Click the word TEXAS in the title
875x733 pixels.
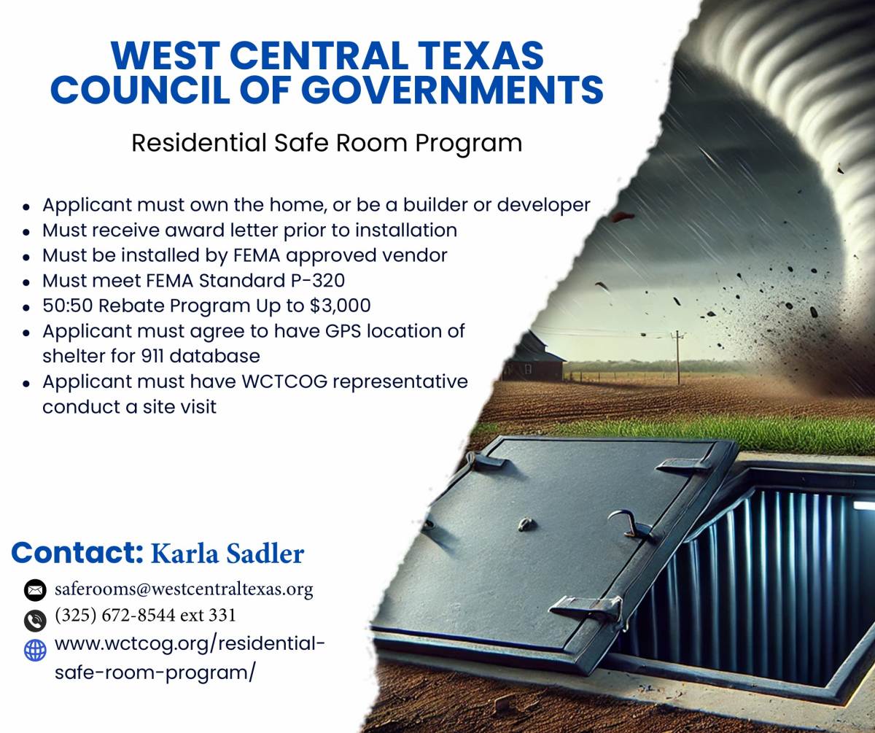tap(481, 55)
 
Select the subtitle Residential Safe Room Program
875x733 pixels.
tap(327, 143)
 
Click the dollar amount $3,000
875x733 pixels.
tap(340, 306)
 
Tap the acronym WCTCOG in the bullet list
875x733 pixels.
tap(284, 381)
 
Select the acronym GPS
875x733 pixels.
tap(343, 330)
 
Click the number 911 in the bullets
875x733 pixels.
tap(152, 356)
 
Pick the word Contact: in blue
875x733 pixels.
tap(77, 553)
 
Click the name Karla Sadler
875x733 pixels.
tap(227, 554)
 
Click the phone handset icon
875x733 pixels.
tap(35, 620)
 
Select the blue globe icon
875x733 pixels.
tap(35, 651)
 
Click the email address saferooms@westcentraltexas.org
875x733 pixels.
tap(184, 589)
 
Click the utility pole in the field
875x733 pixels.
tap(677, 357)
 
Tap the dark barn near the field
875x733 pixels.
tap(533, 356)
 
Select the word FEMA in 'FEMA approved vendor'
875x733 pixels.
tap(257, 255)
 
